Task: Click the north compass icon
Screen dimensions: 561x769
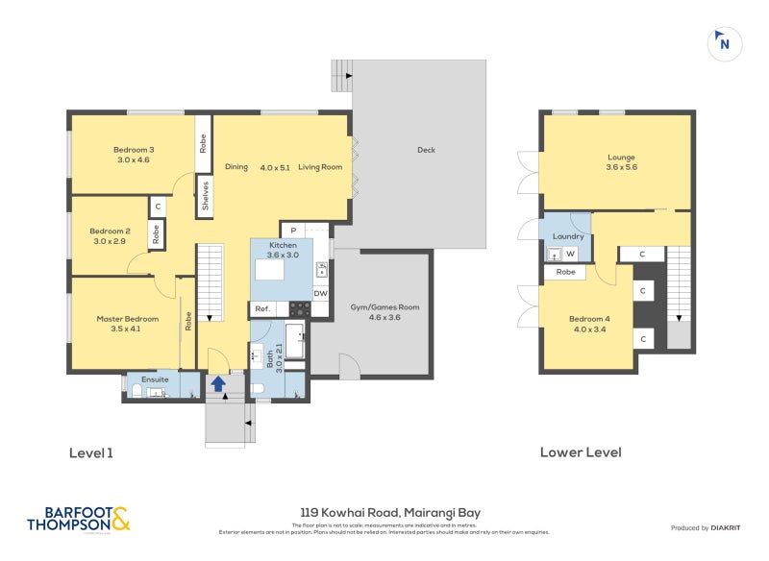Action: coord(724,43)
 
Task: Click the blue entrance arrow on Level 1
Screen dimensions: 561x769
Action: coord(218,383)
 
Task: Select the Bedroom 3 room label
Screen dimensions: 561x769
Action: coord(134,154)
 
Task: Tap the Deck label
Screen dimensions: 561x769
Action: coord(427,150)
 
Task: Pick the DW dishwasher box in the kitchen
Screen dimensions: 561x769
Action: coord(320,294)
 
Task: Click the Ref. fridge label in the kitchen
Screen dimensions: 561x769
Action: coord(261,309)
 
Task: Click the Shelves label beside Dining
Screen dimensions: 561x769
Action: coord(205,196)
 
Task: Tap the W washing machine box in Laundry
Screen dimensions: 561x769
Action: coord(570,255)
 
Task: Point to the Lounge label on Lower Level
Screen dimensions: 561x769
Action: coord(621,162)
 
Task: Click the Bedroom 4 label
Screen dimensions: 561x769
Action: coord(588,324)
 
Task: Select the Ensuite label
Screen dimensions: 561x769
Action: coord(155,379)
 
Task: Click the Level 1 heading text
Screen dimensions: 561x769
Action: coord(91,452)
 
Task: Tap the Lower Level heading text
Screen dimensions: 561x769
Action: coord(581,452)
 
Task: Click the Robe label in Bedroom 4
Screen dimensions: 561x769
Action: coord(565,272)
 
